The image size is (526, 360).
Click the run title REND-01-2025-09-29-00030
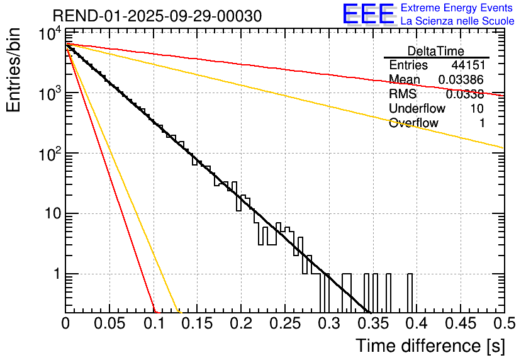[x=157, y=16]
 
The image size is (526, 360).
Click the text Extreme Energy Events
[x=457, y=8]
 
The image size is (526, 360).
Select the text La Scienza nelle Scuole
[x=457, y=21]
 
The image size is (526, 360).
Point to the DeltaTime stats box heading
[x=436, y=51]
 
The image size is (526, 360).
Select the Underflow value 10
[x=477, y=108]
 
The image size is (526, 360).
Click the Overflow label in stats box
[x=413, y=123]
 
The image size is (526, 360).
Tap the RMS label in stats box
[x=403, y=94]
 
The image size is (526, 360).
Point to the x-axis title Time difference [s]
[x=429, y=346]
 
